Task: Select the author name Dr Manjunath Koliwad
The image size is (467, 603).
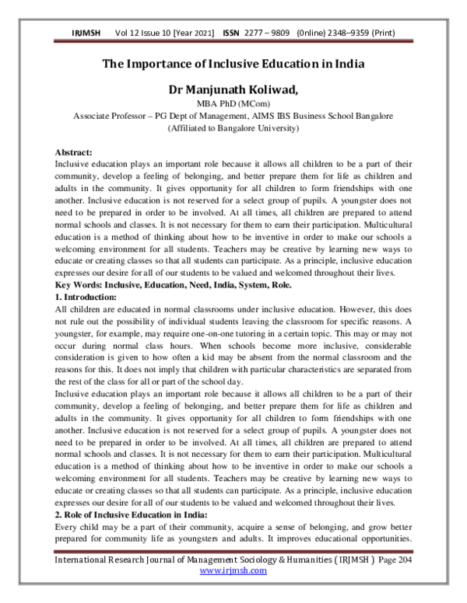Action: (233, 91)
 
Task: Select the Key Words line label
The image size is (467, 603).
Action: (82, 285)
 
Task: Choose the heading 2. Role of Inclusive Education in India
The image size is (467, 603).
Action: (129, 515)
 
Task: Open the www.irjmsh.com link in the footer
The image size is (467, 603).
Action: (233, 570)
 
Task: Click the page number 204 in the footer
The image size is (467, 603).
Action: (402, 559)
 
